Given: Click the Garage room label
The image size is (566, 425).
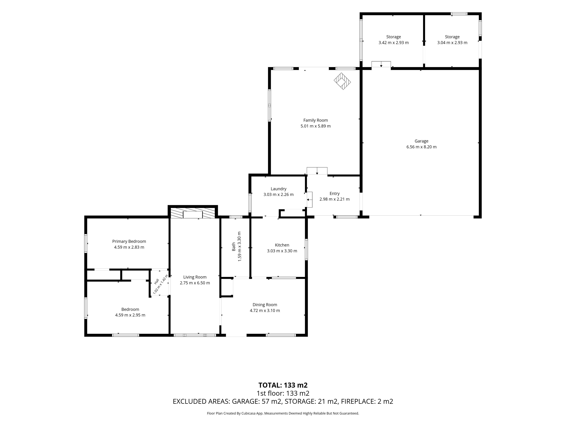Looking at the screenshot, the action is click(421, 141).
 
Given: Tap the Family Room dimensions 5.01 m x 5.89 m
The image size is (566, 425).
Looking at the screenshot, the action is click(315, 126).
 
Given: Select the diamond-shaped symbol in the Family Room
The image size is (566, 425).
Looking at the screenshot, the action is click(342, 81).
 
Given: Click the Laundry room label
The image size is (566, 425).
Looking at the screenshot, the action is click(278, 189).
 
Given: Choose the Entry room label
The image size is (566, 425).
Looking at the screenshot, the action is click(334, 194).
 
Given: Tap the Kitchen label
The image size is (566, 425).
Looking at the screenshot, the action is click(282, 245).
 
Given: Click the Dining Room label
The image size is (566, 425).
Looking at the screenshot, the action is click(265, 305).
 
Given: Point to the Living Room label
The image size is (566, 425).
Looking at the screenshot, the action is click(195, 277).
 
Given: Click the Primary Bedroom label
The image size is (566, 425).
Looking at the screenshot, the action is click(129, 241).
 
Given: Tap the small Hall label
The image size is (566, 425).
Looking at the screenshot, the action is click(157, 281).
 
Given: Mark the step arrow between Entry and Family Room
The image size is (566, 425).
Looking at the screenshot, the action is click(317, 171).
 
